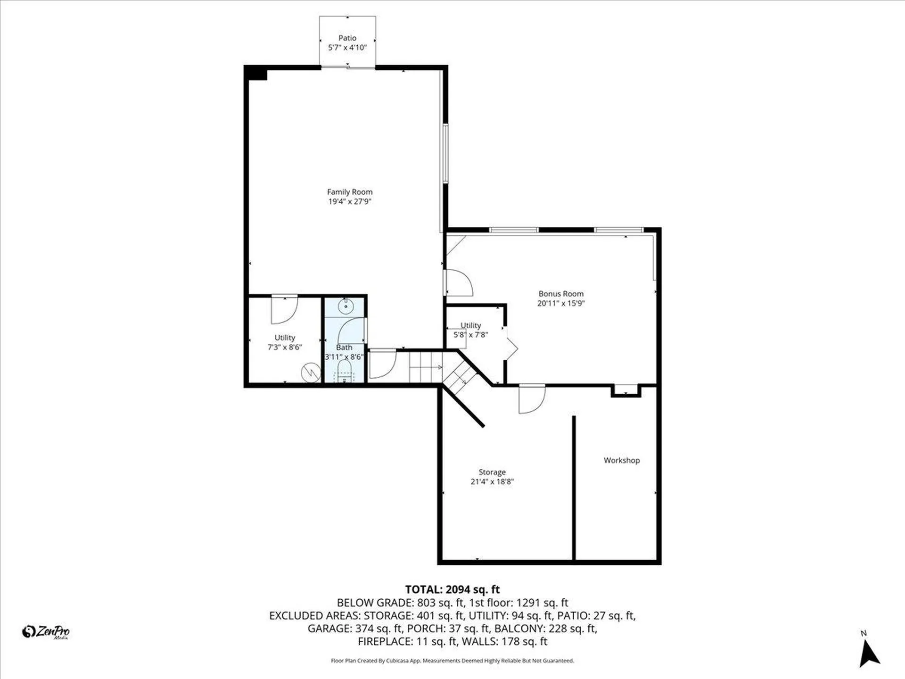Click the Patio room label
347,38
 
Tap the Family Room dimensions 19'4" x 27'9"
350,201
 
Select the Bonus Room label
561,294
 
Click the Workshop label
622,460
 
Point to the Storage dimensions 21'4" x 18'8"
492,481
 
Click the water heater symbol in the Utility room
311,373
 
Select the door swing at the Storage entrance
531,399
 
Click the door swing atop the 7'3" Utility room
284,309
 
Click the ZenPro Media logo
46,632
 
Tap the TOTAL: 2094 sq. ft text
452,589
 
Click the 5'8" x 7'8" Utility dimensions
470,335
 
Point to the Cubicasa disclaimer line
452,661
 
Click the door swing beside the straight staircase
382,364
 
